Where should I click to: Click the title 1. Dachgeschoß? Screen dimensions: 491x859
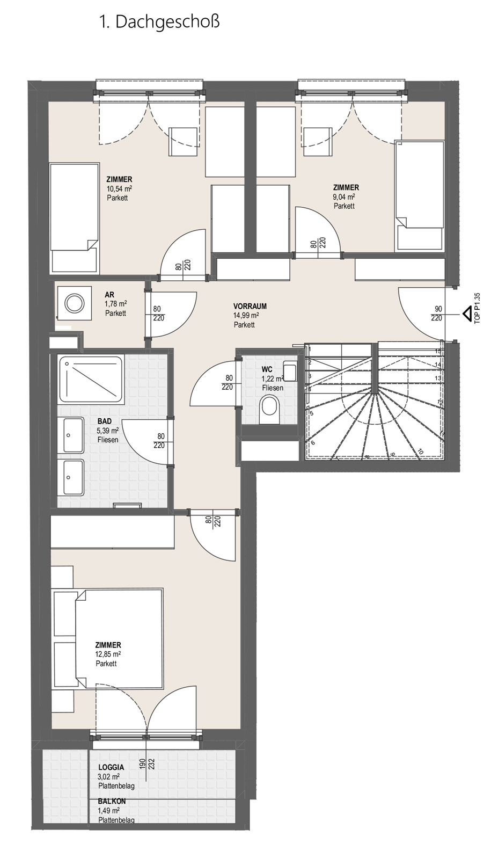159,22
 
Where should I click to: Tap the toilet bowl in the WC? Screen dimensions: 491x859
269,410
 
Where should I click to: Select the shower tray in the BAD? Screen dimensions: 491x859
91,380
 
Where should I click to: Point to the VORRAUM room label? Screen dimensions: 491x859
250,307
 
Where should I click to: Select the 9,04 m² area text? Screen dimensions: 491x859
344,197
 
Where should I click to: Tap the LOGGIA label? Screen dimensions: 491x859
111,778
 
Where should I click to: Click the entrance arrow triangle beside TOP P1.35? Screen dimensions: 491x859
466,314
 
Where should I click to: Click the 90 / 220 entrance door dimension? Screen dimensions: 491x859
436,314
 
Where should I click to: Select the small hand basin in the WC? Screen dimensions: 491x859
290,371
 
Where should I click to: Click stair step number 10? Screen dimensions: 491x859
420,452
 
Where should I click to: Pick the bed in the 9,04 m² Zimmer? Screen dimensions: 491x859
420,196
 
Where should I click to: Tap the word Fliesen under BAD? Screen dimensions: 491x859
108,440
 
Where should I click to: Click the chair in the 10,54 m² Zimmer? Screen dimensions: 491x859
184,141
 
